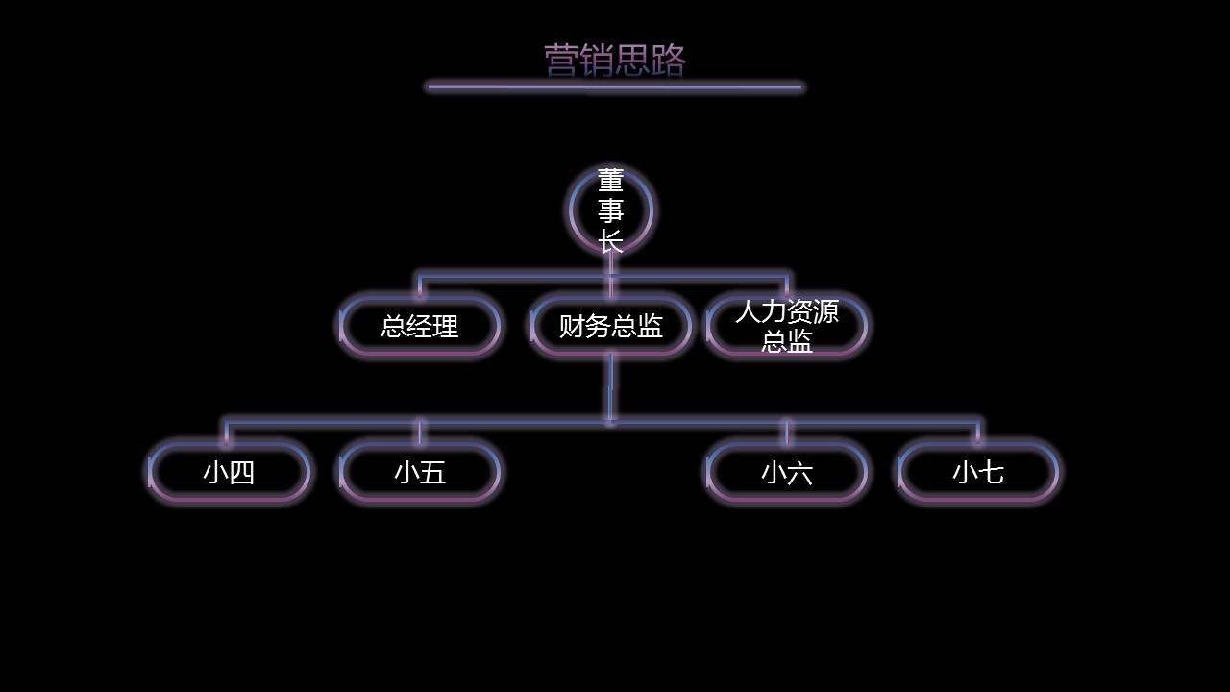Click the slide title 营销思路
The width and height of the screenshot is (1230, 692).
[614, 60]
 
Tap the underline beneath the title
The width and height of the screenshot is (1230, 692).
[614, 86]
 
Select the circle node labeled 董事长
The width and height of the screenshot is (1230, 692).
[611, 210]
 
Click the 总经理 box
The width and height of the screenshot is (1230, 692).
[420, 326]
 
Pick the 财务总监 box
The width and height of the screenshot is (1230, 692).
[611, 326]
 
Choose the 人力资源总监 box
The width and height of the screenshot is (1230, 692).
[787, 326]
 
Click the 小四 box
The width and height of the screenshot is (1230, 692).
[229, 472]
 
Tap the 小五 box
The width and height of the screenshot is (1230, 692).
[420, 472]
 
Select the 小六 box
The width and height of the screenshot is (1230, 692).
[787, 472]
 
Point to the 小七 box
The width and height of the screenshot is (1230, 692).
[978, 472]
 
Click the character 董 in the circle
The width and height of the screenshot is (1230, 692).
[611, 181]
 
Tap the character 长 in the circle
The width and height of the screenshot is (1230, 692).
[611, 241]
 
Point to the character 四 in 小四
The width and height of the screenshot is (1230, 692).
[241, 472]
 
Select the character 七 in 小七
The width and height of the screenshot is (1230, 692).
[991, 472]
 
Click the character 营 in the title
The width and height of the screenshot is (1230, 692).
[561, 60]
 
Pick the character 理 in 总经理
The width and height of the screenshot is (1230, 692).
[446, 326]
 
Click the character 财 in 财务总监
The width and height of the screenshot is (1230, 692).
[572, 326]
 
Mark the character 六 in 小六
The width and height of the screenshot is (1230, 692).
[799, 472]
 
